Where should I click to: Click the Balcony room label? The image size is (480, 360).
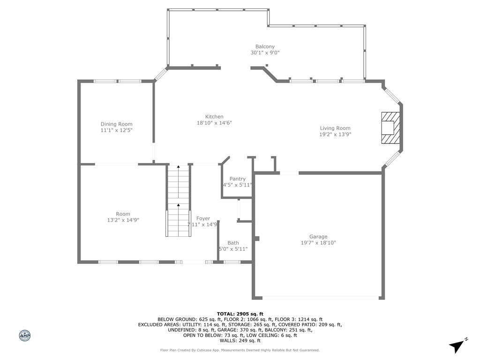[265, 46]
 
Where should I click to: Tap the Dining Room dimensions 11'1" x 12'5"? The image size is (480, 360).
[116, 130]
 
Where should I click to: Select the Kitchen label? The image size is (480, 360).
[214, 117]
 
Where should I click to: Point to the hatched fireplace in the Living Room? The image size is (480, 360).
[390, 127]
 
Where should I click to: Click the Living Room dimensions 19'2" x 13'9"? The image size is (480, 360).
[335, 135]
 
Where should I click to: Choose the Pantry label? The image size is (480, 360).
[237, 179]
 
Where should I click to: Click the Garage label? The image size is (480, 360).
[318, 237]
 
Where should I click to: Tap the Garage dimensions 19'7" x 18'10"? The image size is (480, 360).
[318, 243]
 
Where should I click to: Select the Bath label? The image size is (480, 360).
[233, 243]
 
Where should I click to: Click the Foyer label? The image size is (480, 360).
[203, 218]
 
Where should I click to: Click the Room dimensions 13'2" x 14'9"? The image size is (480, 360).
[123, 220]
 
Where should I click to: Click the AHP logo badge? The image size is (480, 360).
[25, 335]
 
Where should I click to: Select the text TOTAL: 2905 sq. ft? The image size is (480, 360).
[240, 314]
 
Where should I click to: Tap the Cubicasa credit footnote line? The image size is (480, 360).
[240, 350]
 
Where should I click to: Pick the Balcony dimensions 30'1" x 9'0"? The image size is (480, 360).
[265, 53]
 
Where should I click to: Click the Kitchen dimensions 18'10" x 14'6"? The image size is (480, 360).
[214, 123]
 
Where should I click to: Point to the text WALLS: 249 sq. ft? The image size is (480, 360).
[240, 341]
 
